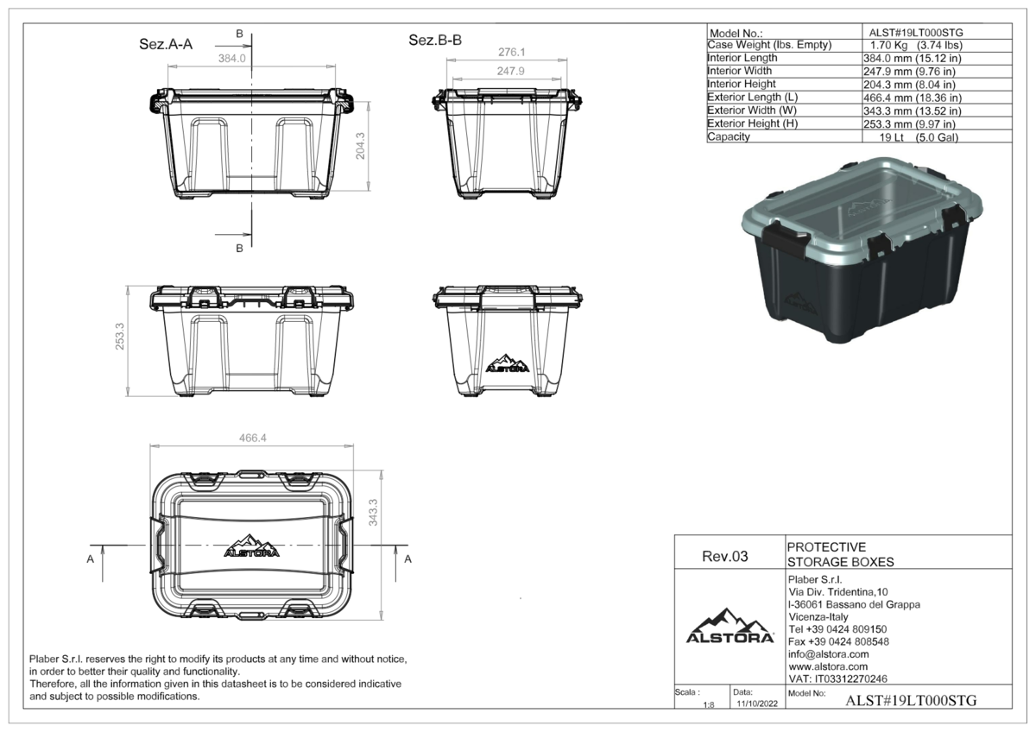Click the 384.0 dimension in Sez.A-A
[231, 58]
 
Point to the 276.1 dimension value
[511, 53]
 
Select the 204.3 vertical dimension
[360, 146]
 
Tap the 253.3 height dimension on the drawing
[120, 336]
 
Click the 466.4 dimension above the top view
[252, 438]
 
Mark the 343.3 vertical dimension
[373, 513]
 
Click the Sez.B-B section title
[435, 41]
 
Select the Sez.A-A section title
[166, 44]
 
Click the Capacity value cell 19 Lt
[891, 137]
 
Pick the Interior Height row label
[742, 84]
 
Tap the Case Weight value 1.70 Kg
[888, 45]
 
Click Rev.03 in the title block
[724, 556]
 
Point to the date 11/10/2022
[757, 704]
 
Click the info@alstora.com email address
[828, 654]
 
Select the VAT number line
[837, 678]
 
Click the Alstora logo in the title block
[730, 626]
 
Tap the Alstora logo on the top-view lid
[251, 546]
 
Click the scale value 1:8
[709, 705]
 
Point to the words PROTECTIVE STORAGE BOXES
[840, 554]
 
